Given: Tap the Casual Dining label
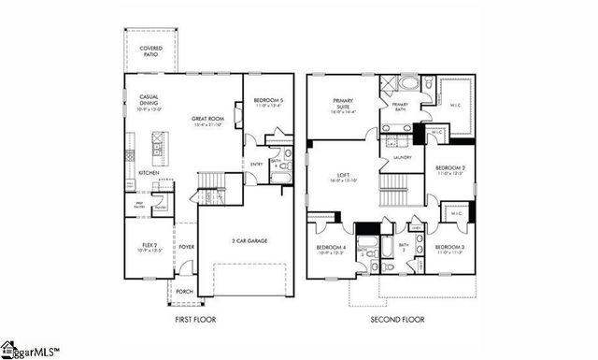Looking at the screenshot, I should tap(149, 101).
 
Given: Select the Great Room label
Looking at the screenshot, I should tap(206, 120).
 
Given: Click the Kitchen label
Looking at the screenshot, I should tap(149, 173).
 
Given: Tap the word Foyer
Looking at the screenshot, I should tap(186, 248).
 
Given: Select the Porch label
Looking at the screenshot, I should tap(185, 290).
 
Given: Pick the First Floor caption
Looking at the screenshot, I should tap(195, 320).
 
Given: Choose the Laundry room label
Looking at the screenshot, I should tap(403, 157).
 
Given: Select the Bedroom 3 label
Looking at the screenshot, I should tap(450, 248).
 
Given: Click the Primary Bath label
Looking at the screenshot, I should tap(400, 106).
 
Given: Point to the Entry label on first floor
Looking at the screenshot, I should tap(257, 165).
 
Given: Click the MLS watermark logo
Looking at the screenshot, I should tap(30, 352).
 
